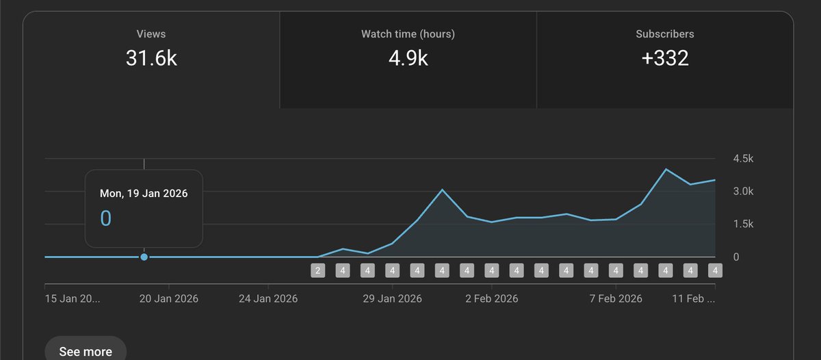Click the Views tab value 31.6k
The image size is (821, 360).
151,58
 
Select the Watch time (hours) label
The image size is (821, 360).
408,34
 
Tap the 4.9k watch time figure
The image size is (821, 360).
408,58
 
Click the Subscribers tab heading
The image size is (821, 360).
664,34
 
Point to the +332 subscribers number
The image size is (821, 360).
664,58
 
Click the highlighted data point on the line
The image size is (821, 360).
144,257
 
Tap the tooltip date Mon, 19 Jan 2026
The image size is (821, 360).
144,194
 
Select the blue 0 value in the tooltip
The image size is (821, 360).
106,218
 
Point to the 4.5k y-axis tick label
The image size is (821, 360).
743,159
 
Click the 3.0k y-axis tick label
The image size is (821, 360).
743,192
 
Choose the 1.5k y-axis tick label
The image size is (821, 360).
743,224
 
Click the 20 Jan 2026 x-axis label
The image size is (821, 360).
169,299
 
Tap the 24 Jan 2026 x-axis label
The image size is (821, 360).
269,299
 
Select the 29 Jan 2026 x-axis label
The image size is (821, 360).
393,299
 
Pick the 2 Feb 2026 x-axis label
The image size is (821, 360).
492,299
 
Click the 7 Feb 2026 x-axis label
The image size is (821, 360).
616,299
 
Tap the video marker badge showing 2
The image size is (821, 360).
317,270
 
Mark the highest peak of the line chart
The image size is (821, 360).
666,169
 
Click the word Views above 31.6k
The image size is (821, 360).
151,34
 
